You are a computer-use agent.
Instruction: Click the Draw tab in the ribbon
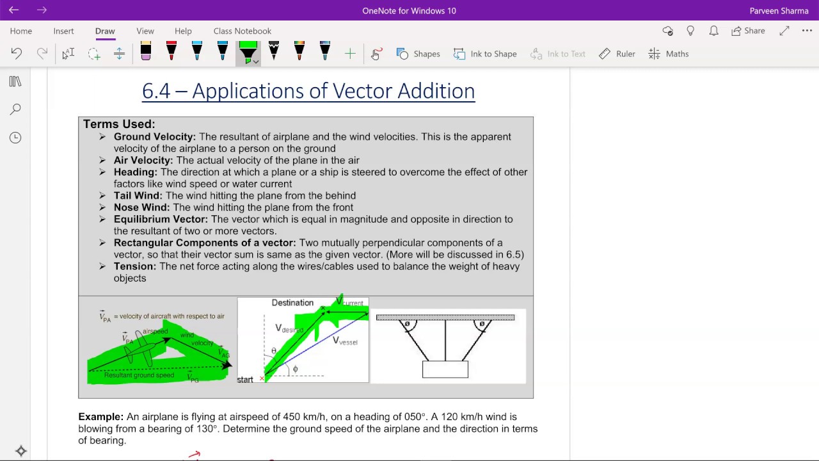pos(105,31)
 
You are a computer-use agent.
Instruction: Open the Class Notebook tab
pos(242,31)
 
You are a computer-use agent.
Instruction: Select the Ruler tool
pos(617,54)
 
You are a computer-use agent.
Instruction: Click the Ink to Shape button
pos(485,54)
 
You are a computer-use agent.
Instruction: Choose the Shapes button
pos(418,54)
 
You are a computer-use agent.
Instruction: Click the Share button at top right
pos(748,31)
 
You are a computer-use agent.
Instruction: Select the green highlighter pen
pos(248,51)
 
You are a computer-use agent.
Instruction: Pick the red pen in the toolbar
pos(171,51)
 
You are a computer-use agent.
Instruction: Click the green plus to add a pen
pos(350,54)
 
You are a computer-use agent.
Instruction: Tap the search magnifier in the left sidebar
pos(15,109)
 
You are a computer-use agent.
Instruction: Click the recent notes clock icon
pos(15,138)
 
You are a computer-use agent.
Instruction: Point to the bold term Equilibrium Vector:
pos(161,219)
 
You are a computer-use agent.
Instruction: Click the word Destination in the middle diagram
pos(292,303)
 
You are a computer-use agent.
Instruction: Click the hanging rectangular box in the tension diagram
pos(445,369)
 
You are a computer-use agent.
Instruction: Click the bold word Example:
pos(100,417)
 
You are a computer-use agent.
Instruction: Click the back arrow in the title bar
pos(13,10)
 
